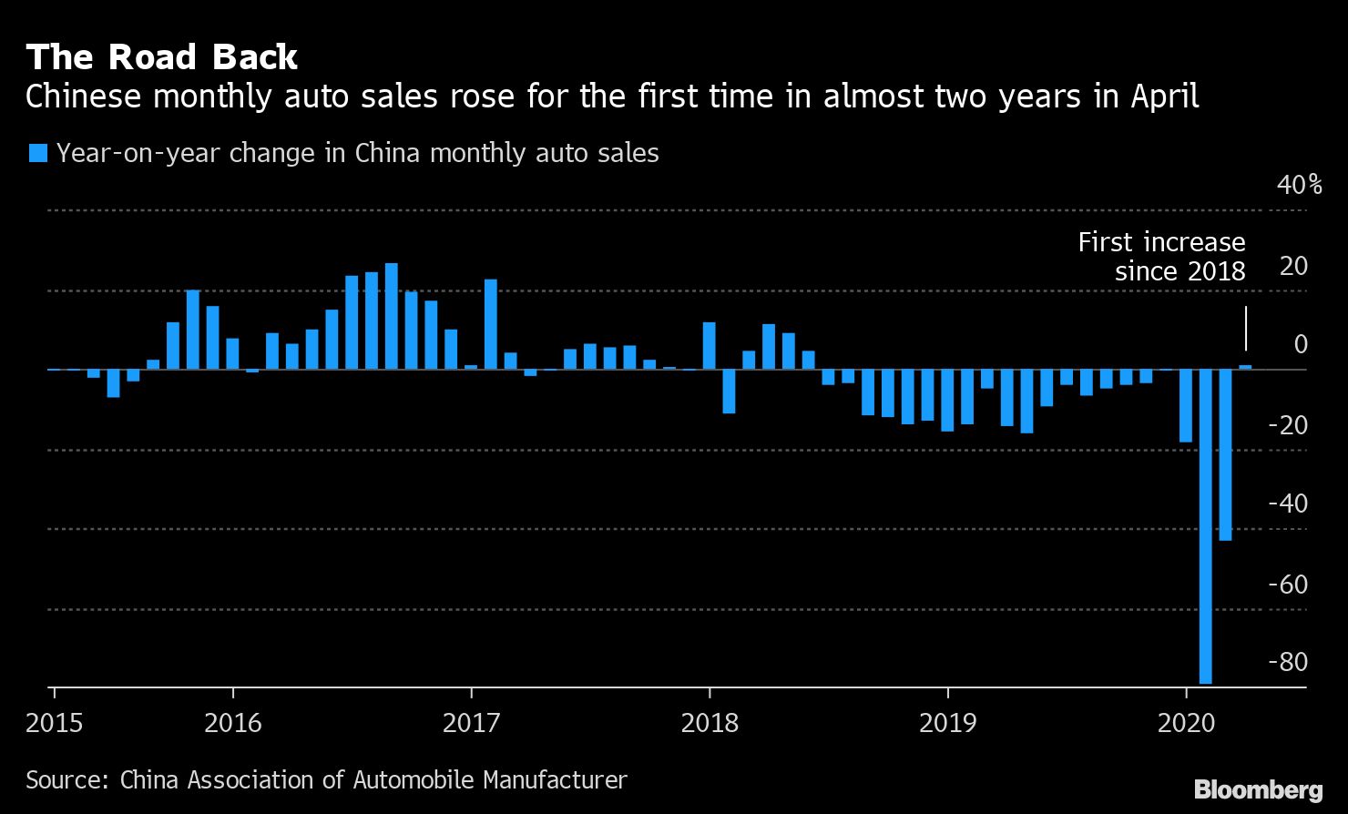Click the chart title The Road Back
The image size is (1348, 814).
(x=161, y=57)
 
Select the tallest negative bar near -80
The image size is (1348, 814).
(x=1206, y=526)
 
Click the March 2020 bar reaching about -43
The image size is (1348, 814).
(x=1225, y=455)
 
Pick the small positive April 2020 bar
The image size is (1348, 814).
(x=1245, y=367)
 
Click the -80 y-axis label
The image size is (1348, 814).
(x=1287, y=662)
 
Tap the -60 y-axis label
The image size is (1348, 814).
(x=1287, y=584)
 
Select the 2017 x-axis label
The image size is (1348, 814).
(x=471, y=723)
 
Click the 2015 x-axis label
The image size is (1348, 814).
(x=54, y=723)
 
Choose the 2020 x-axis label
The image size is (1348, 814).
(x=1186, y=723)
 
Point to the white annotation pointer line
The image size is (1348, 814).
(x=1245, y=328)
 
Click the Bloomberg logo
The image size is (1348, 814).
(x=1258, y=789)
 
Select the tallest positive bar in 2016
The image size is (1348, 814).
(x=391, y=316)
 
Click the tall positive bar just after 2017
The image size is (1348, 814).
(x=490, y=324)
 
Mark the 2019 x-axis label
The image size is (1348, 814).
(x=947, y=723)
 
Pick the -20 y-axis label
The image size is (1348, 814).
(x=1287, y=425)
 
